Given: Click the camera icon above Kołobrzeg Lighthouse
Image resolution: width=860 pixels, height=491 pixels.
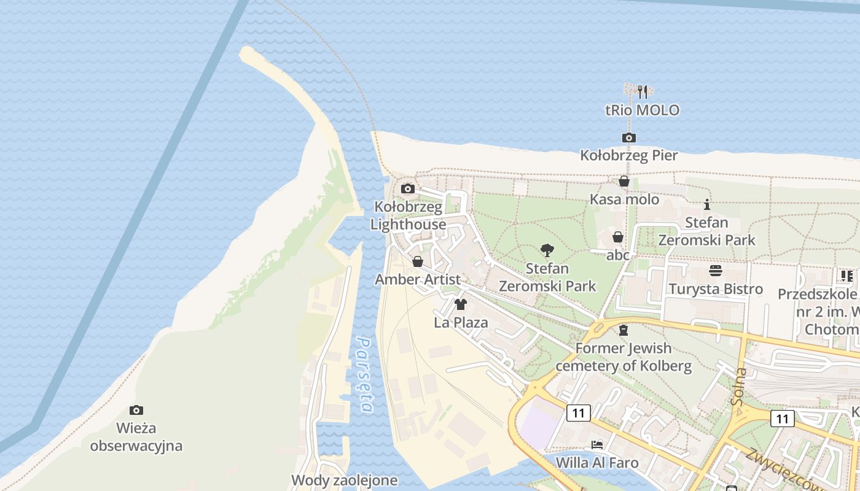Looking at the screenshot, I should point(408,188).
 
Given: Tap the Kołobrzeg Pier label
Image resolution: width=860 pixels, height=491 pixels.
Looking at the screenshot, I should point(629,155).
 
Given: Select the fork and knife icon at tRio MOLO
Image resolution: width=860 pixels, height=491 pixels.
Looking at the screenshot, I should point(643,92).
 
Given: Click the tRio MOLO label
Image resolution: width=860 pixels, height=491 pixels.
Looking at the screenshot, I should point(643,110).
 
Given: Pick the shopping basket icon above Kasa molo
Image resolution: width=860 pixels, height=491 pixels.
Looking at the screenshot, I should point(624,181).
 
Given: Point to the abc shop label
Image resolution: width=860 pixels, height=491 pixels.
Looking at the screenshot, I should point(618,255).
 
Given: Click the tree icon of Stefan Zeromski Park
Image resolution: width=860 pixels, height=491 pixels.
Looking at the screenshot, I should point(547,250).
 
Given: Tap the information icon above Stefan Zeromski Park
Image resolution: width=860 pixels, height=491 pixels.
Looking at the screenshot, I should point(707,204).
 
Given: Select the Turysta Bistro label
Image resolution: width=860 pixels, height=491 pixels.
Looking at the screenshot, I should point(716,289).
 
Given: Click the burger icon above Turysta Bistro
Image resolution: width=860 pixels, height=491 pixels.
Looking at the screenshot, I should point(715,270).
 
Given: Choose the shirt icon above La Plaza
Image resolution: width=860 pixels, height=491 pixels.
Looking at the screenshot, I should point(461,304).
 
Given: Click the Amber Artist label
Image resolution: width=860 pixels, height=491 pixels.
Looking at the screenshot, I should point(418,280).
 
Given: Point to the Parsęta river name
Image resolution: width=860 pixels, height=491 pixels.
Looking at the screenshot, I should point(365,374).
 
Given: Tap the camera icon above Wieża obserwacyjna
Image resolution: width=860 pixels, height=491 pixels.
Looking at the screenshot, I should point(136,410).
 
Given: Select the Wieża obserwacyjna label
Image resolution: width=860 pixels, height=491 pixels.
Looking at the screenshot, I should point(136,436).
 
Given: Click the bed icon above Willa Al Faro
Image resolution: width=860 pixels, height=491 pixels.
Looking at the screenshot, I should point(597,444).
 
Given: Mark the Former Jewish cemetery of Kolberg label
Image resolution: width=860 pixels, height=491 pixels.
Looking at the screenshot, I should point(623,357).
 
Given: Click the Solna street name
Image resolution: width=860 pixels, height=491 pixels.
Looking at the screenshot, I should point(738,387).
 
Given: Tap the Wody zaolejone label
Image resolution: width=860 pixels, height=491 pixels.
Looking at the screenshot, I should point(345,480).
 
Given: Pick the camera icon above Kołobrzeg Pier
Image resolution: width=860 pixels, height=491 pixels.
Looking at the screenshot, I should point(628,137).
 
